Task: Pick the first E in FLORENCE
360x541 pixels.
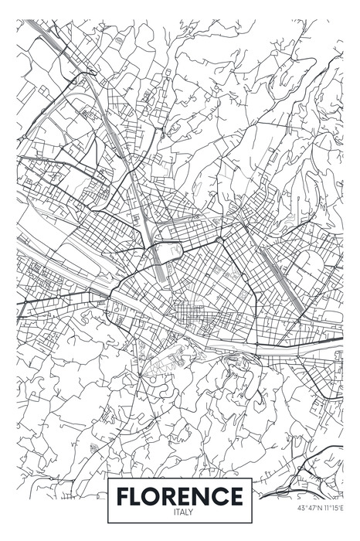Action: (x=193, y=495)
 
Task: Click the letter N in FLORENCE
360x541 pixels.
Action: (x=209, y=495)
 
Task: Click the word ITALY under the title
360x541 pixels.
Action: (x=184, y=512)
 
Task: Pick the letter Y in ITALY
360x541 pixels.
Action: (x=193, y=512)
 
